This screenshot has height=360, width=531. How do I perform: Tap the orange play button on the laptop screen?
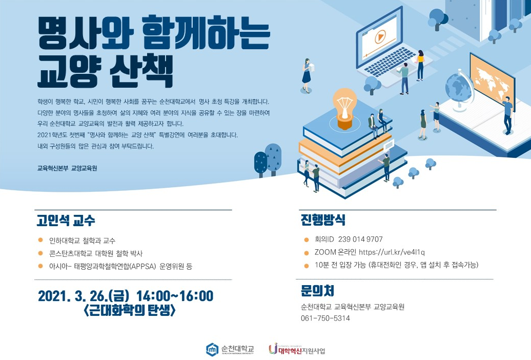pos(380,36)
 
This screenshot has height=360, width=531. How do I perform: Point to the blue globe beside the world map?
pos(458,89)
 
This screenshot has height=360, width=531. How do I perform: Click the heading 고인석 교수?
pos(66,221)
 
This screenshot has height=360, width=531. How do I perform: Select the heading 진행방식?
pos(323,219)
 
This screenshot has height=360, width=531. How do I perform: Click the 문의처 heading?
pos(317,290)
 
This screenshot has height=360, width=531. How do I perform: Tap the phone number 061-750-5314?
pos(325,318)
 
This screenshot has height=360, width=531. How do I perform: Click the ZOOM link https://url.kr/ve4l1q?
pos(392,252)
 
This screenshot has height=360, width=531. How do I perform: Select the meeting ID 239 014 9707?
pos(360,239)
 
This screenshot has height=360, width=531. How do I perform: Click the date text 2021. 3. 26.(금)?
pos(84,296)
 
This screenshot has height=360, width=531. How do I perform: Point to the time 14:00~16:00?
pos(175,296)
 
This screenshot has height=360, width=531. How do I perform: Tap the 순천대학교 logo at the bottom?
pos(230,349)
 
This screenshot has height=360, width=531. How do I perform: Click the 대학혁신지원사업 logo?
pos(297,350)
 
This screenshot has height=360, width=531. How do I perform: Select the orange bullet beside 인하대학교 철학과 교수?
pos(40,240)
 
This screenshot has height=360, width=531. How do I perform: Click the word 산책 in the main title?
pos(141,71)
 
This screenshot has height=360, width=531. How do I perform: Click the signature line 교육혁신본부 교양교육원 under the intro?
pos(67,168)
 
